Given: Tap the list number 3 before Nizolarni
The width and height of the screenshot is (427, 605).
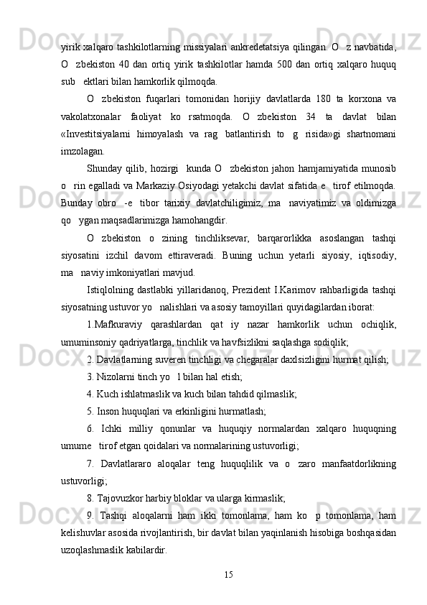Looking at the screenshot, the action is [x=89, y=376].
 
